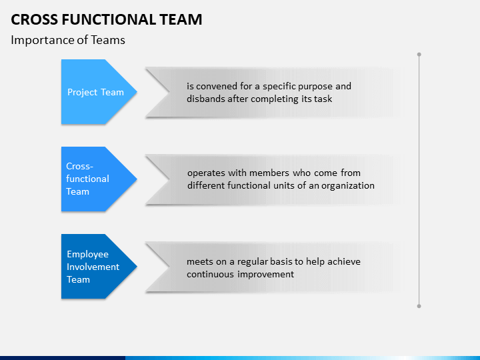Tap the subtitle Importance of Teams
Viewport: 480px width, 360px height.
pos(68,40)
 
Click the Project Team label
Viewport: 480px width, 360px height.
pos(95,92)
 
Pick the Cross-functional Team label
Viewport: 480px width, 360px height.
pos(87,179)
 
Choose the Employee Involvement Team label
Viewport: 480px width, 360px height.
pos(93,267)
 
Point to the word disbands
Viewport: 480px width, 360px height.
pos(206,99)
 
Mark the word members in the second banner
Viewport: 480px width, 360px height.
pos(269,173)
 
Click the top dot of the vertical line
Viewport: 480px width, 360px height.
pos(419,55)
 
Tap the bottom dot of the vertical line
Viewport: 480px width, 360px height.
pos(419,306)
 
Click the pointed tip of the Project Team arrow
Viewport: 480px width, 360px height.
pos(137,91)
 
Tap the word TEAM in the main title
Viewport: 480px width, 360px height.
pos(181,19)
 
